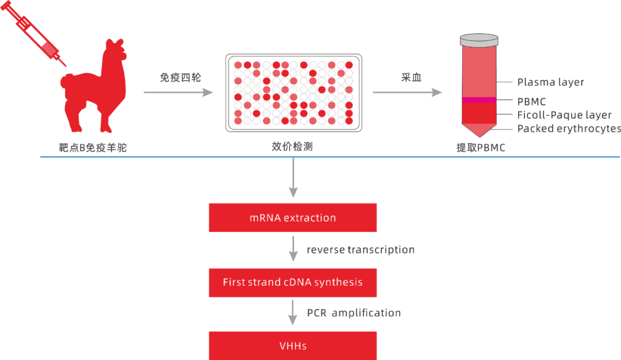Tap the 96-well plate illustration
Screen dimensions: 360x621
(293, 92)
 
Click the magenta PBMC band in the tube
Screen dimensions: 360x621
(478, 101)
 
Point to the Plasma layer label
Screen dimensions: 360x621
(550, 82)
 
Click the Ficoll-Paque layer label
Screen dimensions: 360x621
(564, 116)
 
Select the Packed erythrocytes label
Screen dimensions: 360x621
(569, 129)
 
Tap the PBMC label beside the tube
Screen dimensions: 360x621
(531, 102)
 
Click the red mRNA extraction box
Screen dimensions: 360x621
(292, 218)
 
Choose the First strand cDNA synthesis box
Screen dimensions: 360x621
(292, 282)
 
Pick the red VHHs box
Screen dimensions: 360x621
(292, 346)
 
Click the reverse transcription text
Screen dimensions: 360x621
(360, 250)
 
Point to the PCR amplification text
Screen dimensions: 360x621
(354, 313)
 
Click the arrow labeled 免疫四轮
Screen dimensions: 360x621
(178, 92)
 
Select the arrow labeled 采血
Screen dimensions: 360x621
(408, 92)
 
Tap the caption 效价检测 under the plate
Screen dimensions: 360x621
(292, 147)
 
